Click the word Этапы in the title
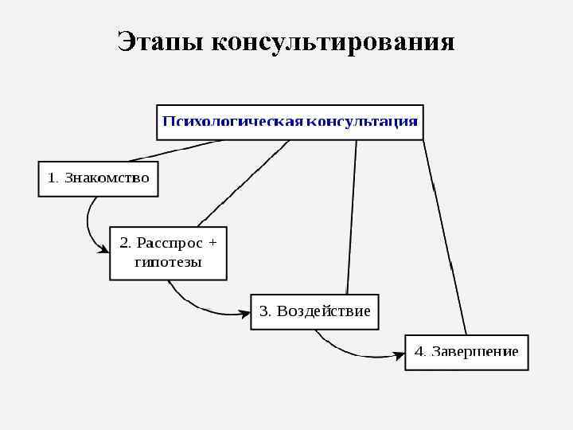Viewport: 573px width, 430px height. [159, 41]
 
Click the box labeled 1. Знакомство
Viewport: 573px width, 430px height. [98, 178]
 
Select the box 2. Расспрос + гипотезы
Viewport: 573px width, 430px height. [168, 252]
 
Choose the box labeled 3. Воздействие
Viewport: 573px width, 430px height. [314, 311]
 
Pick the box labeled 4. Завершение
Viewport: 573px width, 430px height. [466, 351]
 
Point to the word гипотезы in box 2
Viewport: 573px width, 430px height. [168, 262]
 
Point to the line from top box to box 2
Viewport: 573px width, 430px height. [243, 182]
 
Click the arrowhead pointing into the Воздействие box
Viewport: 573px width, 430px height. [245, 313]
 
